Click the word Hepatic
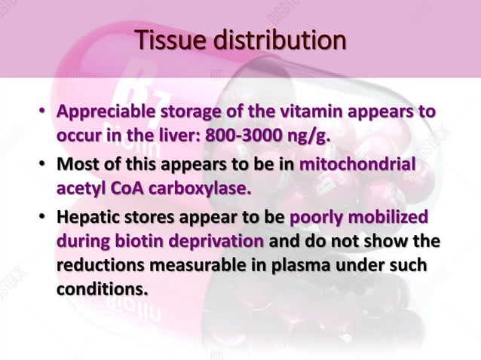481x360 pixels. [87, 218]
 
